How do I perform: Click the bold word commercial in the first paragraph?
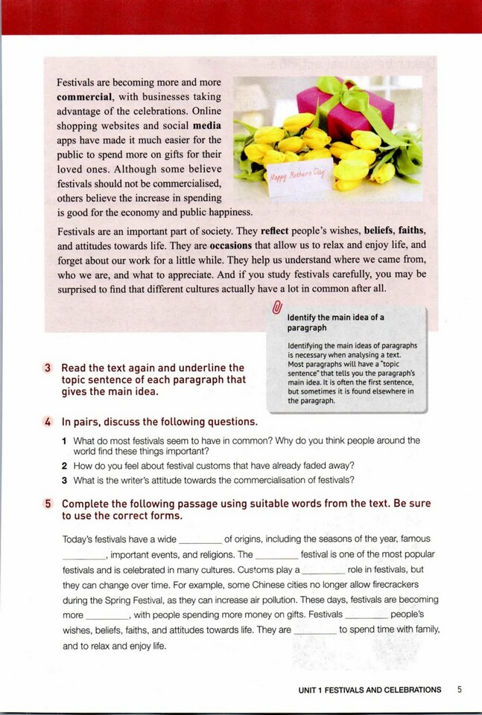[85, 97]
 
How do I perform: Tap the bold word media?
[206, 125]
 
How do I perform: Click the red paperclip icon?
[277, 307]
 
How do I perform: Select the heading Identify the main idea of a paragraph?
[335, 322]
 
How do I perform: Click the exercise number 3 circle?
[48, 368]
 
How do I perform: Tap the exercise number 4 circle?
[48, 422]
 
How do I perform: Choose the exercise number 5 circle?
[48, 504]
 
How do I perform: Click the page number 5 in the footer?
[460, 690]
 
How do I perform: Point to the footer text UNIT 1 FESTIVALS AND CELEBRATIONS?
[370, 690]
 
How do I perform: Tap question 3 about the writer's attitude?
[212, 479]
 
